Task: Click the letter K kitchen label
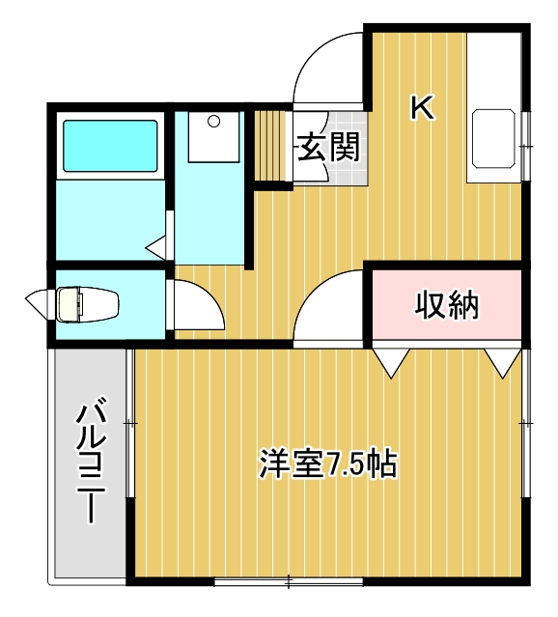[x=422, y=106]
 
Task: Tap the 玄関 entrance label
[x=328, y=148]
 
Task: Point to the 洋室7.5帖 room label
[x=329, y=463]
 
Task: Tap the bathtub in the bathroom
[x=110, y=145]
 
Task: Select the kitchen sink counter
[x=494, y=143]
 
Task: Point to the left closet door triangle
[x=391, y=362]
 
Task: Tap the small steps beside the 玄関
[x=272, y=145]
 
